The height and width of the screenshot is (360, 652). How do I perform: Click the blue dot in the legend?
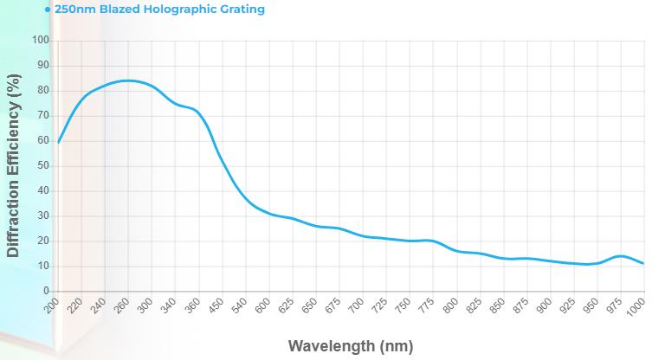pos(48,10)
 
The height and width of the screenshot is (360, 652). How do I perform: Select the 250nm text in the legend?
pos(74,10)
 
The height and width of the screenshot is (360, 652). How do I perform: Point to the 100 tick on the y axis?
pos(40,41)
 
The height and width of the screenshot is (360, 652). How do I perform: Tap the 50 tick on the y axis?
pos(43,166)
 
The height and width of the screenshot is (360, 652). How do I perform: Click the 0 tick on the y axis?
pos(47,292)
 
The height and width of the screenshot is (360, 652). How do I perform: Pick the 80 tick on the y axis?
pos(43,91)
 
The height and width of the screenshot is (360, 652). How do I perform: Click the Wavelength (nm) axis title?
pos(350,346)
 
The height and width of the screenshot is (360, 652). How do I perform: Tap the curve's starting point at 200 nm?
pos(58,142)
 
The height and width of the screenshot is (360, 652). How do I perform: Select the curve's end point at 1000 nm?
pos(643,264)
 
